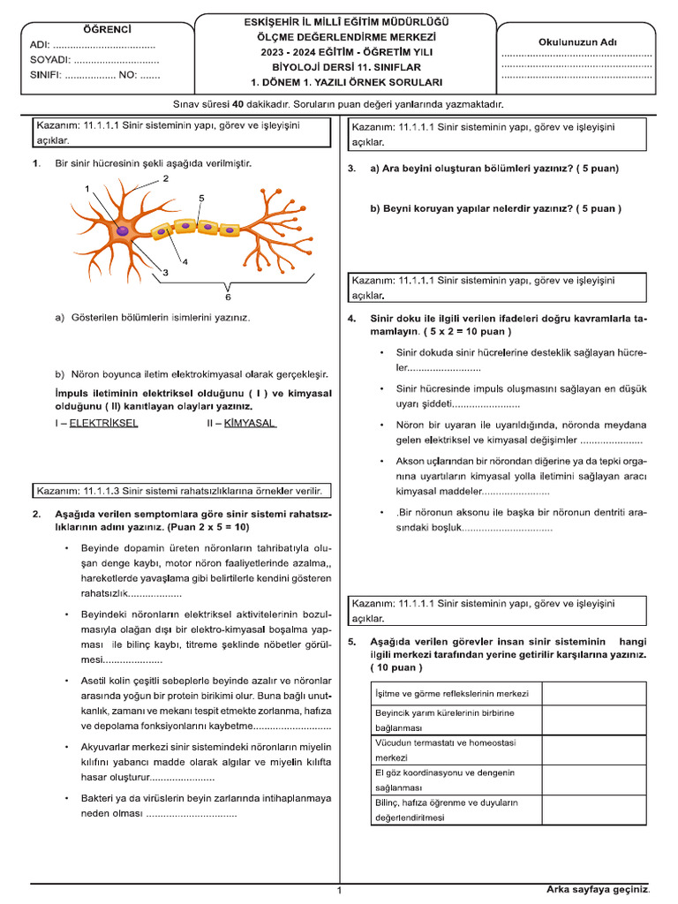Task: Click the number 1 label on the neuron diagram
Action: pos(87,188)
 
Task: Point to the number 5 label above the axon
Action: pos(202,199)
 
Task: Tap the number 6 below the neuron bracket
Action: pos(228,297)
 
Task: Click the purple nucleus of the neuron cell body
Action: pos(124,230)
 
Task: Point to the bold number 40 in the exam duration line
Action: pos(237,104)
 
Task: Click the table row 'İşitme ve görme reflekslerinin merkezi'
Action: pos(452,693)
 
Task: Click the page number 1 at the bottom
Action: pos(339,891)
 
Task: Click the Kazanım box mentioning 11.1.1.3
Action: pos(181,491)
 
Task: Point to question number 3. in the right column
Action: pos(351,169)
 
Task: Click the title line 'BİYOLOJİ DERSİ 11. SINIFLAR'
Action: pos(346,67)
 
